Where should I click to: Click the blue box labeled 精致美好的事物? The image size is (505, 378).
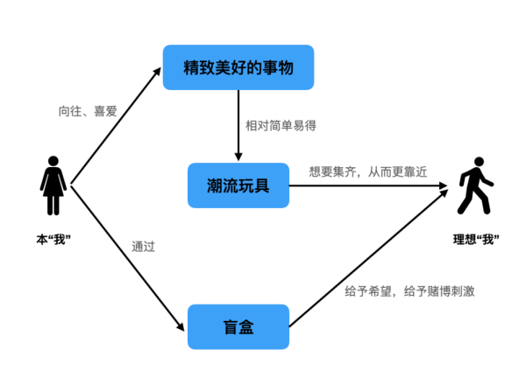[x=238, y=66]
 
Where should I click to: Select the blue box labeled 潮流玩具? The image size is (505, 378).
[x=238, y=185]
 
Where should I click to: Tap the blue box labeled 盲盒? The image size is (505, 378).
[x=238, y=326]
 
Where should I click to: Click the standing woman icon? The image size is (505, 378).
[x=53, y=185]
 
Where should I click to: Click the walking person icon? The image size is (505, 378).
[x=475, y=185]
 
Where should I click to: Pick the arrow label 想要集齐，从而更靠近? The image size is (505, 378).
[x=368, y=171]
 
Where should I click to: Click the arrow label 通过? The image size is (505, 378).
[x=143, y=247]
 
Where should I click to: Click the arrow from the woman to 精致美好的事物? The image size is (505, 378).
[x=116, y=126]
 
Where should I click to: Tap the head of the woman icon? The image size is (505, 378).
[x=53, y=162]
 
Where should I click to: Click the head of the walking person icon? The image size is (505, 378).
[x=479, y=162]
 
